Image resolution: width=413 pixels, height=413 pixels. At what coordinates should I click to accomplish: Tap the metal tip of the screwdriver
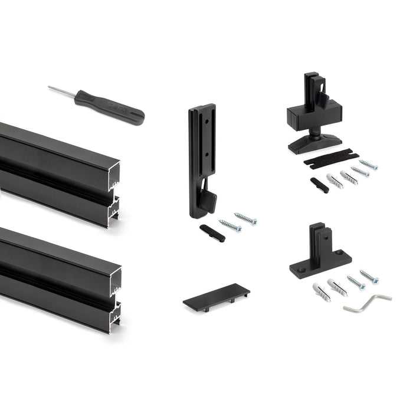(53, 89)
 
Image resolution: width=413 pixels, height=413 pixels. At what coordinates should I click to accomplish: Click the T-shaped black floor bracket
(320, 254)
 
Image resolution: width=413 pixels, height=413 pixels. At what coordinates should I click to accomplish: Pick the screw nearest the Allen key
(369, 277)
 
